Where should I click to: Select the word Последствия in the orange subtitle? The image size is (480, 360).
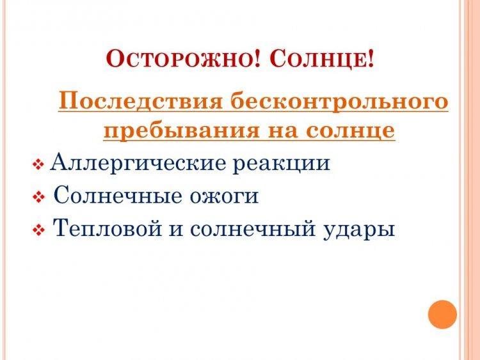coord(140,102)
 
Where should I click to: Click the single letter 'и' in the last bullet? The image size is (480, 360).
coord(177,230)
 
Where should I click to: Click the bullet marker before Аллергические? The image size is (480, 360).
coord(38,164)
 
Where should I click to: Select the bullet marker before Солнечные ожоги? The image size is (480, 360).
coord(38,197)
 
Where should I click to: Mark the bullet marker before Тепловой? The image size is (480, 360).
coord(38,230)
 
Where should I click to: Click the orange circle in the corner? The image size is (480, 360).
coord(442,315)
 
